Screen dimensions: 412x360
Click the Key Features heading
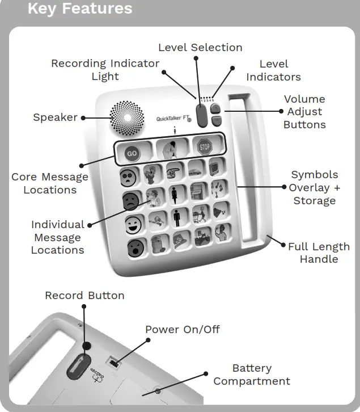80,9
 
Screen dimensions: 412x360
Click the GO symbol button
132,153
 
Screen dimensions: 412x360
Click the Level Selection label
200,48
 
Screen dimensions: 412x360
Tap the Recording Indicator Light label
105,70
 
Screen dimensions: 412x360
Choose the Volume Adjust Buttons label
304,112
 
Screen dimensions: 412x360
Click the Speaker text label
55,117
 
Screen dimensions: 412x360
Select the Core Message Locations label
50,183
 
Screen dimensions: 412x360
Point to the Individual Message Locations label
57,237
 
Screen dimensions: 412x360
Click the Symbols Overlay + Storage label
314,187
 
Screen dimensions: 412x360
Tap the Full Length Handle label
319,253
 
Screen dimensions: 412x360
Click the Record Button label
84,296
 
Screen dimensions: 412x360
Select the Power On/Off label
182,330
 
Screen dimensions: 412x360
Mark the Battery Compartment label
252,375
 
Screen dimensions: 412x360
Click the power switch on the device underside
115,361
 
